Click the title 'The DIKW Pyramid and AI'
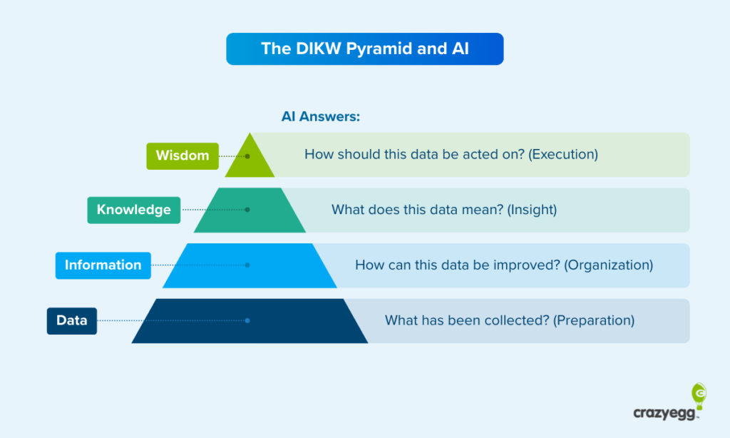point(364,49)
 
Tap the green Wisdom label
point(182,155)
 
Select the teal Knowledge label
point(134,210)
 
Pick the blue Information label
point(103,265)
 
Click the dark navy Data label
point(72,320)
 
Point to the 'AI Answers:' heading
point(320,116)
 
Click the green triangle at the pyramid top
point(250,160)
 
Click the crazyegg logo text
point(662,413)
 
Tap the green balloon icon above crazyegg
point(699,394)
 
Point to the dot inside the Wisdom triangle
point(247,155)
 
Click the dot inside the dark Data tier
point(247,320)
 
